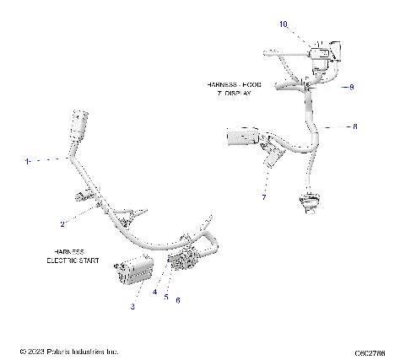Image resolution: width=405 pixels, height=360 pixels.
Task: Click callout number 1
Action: point(28,159)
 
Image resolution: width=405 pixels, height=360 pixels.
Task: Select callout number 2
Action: point(62,224)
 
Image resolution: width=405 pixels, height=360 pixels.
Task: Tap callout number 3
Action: point(132,307)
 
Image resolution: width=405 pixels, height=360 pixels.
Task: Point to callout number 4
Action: point(154,292)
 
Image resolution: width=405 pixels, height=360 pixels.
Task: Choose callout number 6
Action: point(178,300)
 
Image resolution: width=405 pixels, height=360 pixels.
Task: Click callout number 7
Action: point(263,197)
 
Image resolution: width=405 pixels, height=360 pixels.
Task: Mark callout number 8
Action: point(354,126)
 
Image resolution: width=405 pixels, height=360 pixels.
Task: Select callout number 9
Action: point(352,87)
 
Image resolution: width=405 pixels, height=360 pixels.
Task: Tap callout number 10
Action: point(283,24)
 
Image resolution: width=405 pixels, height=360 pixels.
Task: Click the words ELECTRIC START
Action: point(73,261)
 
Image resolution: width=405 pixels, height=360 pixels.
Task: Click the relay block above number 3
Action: point(133,271)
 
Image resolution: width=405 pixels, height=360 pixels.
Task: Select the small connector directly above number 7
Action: point(272,157)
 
